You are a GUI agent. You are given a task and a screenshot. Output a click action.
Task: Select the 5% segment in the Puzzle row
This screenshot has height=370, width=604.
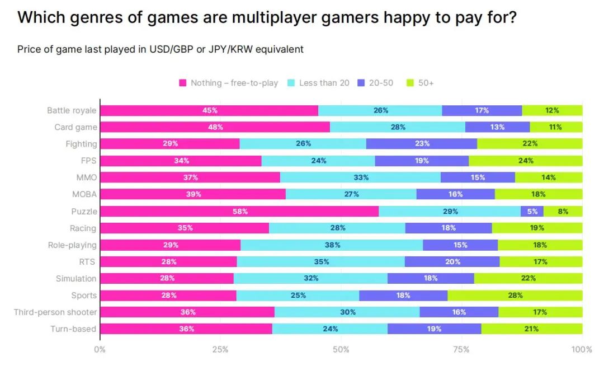click(532, 212)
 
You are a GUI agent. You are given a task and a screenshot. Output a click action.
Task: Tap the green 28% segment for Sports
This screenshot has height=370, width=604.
click(515, 296)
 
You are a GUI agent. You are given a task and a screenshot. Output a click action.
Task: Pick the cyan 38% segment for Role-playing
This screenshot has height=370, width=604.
click(332, 245)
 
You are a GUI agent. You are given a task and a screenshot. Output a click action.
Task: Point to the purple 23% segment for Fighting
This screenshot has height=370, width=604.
click(422, 144)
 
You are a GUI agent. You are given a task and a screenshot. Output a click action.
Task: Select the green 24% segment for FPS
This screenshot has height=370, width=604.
click(525, 161)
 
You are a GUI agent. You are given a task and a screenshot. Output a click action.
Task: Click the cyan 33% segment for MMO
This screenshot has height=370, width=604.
click(360, 177)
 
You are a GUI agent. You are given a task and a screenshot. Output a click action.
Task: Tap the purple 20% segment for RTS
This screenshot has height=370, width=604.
click(452, 262)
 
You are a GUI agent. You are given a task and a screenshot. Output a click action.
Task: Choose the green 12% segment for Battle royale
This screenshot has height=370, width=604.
click(552, 110)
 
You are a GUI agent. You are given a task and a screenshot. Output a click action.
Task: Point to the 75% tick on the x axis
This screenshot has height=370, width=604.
click(461, 350)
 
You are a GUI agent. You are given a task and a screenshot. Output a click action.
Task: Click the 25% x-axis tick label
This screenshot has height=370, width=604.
click(220, 350)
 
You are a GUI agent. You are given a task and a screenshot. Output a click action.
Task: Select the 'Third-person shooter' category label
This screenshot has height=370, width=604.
click(55, 312)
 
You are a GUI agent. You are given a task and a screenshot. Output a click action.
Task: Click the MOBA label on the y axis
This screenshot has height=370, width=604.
click(85, 194)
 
